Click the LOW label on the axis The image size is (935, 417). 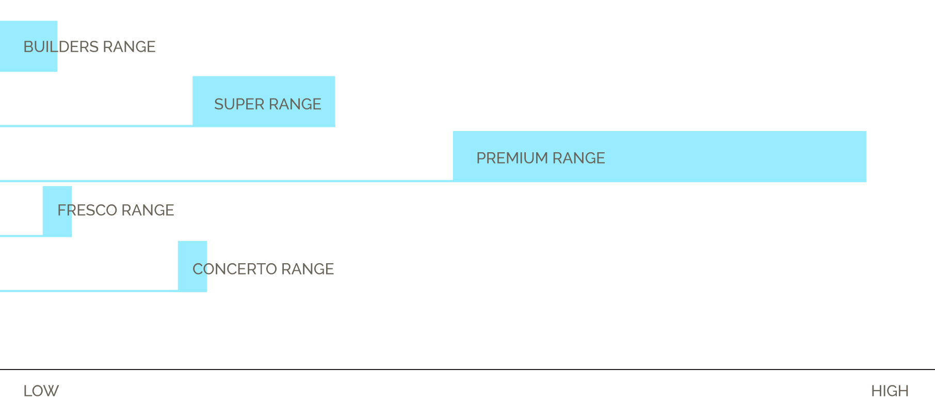(x=41, y=391)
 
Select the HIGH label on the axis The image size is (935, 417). (x=890, y=391)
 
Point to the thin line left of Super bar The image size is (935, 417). (x=96, y=125)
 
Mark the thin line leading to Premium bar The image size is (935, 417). (x=226, y=181)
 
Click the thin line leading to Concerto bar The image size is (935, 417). (x=89, y=291)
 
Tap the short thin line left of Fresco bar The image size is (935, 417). (x=21, y=235)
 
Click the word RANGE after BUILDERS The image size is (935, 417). (x=129, y=47)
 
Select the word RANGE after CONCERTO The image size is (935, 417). (x=308, y=269)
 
